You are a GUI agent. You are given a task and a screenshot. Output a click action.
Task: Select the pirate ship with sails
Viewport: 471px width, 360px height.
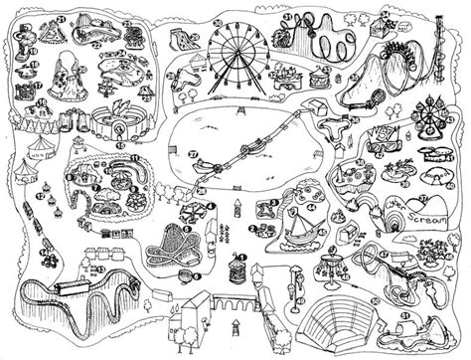click(302, 230)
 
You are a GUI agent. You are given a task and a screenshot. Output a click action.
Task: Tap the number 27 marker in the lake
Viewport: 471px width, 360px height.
click(195, 153)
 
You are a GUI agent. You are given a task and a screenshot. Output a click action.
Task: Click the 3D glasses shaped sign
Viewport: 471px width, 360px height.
click(379, 133)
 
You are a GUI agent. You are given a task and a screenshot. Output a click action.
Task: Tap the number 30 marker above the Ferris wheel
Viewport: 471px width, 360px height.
click(218, 22)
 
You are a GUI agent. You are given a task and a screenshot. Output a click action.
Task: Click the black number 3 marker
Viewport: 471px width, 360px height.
click(273, 204)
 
